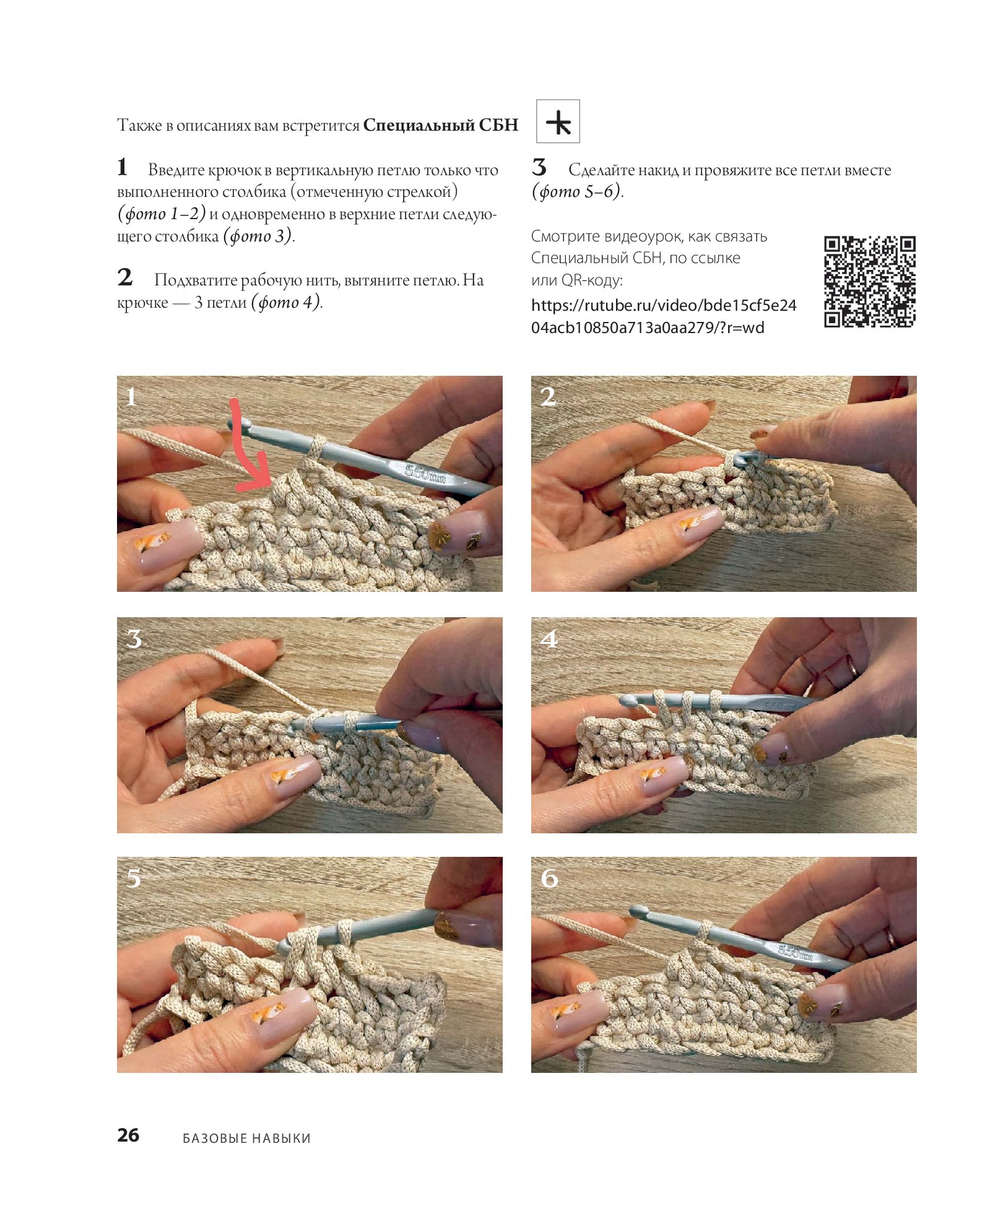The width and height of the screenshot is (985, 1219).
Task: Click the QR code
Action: tap(870, 281)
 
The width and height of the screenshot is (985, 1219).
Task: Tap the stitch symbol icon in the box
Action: tap(558, 122)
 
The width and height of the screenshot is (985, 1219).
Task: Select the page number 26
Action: tap(128, 1135)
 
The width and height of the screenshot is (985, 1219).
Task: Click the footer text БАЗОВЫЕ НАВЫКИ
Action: tap(246, 1138)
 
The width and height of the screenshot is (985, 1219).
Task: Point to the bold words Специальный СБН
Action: tap(440, 125)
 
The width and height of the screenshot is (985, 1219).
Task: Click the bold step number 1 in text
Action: tap(123, 167)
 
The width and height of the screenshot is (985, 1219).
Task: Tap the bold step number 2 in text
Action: tap(125, 277)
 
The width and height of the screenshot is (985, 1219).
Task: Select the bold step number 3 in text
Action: tap(539, 167)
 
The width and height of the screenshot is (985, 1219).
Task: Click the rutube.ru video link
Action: tap(664, 316)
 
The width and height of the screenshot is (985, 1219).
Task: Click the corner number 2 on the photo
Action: tap(548, 397)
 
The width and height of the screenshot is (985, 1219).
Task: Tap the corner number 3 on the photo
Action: tap(134, 638)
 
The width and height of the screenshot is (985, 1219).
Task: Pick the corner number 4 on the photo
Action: tap(549, 638)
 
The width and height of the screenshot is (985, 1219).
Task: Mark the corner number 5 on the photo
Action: tap(134, 878)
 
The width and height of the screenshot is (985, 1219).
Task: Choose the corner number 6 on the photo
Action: tap(549, 878)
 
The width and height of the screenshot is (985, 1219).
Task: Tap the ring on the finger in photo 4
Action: tap(853, 667)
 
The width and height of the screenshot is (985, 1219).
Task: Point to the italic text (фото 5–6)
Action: tap(578, 191)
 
